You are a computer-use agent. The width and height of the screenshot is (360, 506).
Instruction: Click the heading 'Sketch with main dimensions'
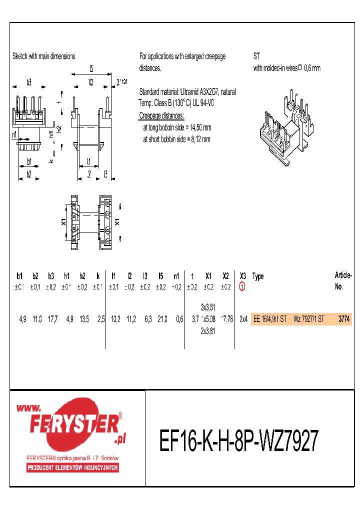tap(43, 56)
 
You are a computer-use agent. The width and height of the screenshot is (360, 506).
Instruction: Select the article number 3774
tap(343, 318)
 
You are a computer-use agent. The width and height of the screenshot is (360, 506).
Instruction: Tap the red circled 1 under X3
tap(242, 287)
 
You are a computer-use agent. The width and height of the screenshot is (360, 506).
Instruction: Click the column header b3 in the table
tap(51, 276)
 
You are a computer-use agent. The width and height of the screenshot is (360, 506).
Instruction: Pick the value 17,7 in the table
tap(51, 318)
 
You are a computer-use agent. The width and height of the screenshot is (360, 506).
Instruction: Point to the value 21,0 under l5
tap(161, 318)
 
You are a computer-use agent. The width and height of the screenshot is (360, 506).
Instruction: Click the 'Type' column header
tap(258, 276)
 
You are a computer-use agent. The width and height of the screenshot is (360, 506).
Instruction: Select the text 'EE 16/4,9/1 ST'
tap(270, 318)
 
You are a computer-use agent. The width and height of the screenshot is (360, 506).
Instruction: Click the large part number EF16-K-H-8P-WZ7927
tap(238, 441)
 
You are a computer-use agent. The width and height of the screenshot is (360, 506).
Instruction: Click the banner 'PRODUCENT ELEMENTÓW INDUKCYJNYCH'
tap(72, 467)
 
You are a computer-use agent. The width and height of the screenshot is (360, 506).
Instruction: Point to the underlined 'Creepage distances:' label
tap(161, 116)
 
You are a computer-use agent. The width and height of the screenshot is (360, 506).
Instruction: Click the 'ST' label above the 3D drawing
tap(256, 56)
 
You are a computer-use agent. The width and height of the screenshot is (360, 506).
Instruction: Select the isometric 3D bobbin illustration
tap(285, 127)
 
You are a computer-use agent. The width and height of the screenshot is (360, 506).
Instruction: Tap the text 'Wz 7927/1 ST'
tap(308, 318)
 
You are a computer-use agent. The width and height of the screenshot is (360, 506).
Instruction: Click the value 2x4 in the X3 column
tap(242, 318)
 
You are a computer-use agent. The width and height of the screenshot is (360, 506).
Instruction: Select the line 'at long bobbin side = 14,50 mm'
tap(177, 127)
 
